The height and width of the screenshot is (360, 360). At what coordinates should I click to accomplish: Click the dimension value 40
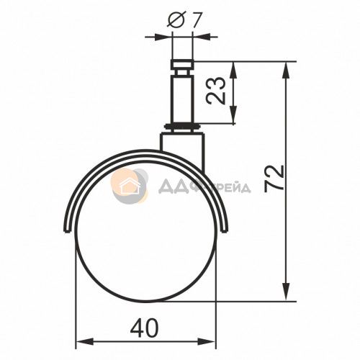(x=145, y=328)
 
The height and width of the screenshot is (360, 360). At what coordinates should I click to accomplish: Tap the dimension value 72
(x=274, y=179)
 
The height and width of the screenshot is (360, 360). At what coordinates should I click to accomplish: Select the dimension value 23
(x=216, y=91)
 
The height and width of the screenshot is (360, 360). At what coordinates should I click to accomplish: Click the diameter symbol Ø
(x=176, y=19)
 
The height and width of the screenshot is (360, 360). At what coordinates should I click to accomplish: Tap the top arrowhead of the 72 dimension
(x=286, y=70)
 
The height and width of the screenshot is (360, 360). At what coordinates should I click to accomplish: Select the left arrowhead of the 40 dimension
(x=84, y=341)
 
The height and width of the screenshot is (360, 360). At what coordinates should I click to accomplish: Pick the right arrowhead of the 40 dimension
(x=207, y=341)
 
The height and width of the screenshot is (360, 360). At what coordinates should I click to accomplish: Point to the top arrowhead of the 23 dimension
(x=233, y=70)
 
